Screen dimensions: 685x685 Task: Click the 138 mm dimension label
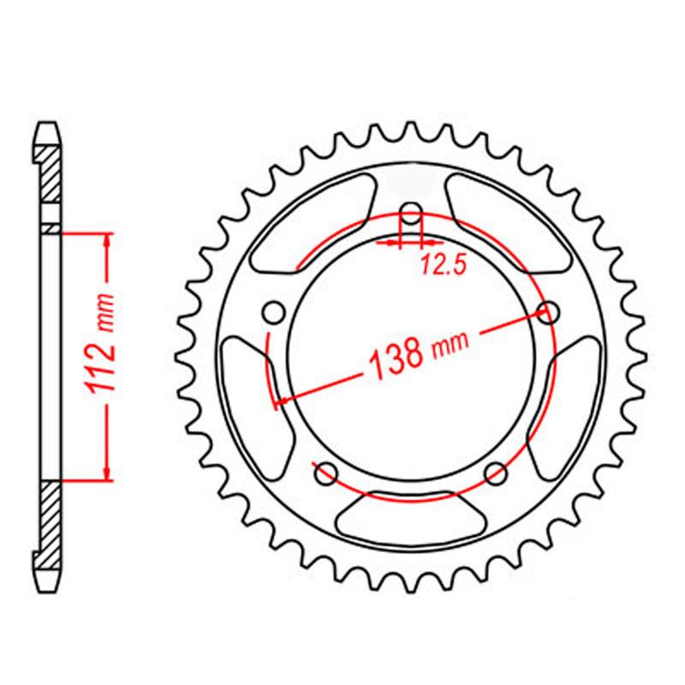[x=419, y=353]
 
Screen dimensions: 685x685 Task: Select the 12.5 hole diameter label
[x=444, y=265]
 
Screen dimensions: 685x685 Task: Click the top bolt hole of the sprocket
[x=411, y=215]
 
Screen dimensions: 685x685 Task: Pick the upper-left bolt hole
[x=274, y=313]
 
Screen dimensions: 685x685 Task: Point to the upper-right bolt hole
[x=548, y=313]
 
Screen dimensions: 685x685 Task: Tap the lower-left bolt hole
[x=326, y=474]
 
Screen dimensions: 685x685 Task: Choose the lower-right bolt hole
[x=497, y=474]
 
